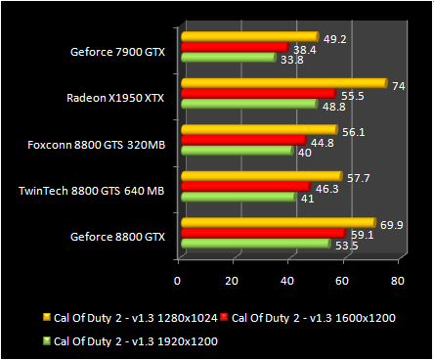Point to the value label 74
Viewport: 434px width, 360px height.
click(399, 85)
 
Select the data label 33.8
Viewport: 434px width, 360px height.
click(293, 59)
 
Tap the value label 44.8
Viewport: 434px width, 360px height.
click(324, 142)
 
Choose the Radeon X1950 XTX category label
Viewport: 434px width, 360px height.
click(116, 98)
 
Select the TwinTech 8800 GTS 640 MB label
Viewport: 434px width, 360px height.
click(92, 191)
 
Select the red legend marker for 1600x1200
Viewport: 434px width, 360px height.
click(224, 318)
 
